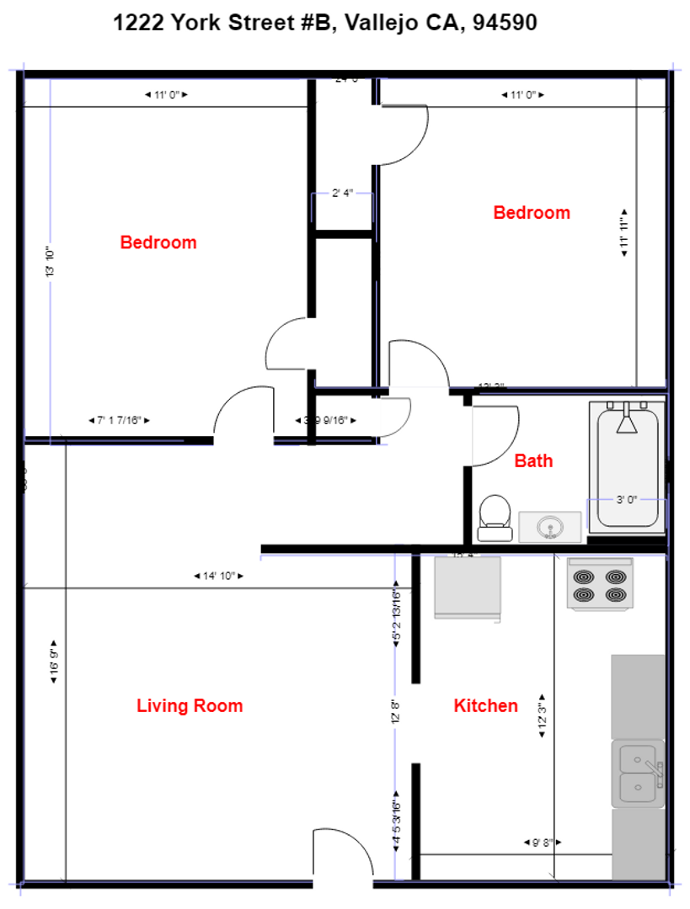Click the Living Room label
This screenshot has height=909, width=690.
[x=190, y=705]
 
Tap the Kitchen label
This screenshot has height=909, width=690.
[x=485, y=705]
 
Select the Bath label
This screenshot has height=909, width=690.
[x=534, y=460]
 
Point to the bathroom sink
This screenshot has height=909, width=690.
[x=550, y=527]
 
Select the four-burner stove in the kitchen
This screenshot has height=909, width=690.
[x=599, y=584]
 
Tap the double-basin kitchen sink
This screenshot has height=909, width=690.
[x=638, y=773]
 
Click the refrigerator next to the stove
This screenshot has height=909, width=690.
[x=467, y=587]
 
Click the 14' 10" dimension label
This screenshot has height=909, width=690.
[x=218, y=576]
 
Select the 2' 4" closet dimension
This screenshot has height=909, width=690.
[x=341, y=194]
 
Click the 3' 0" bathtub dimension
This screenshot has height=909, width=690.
[x=626, y=499]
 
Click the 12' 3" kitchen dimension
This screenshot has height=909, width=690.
[x=543, y=715]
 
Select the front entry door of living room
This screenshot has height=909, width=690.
[x=343, y=858]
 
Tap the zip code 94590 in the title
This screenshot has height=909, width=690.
[x=505, y=24]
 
